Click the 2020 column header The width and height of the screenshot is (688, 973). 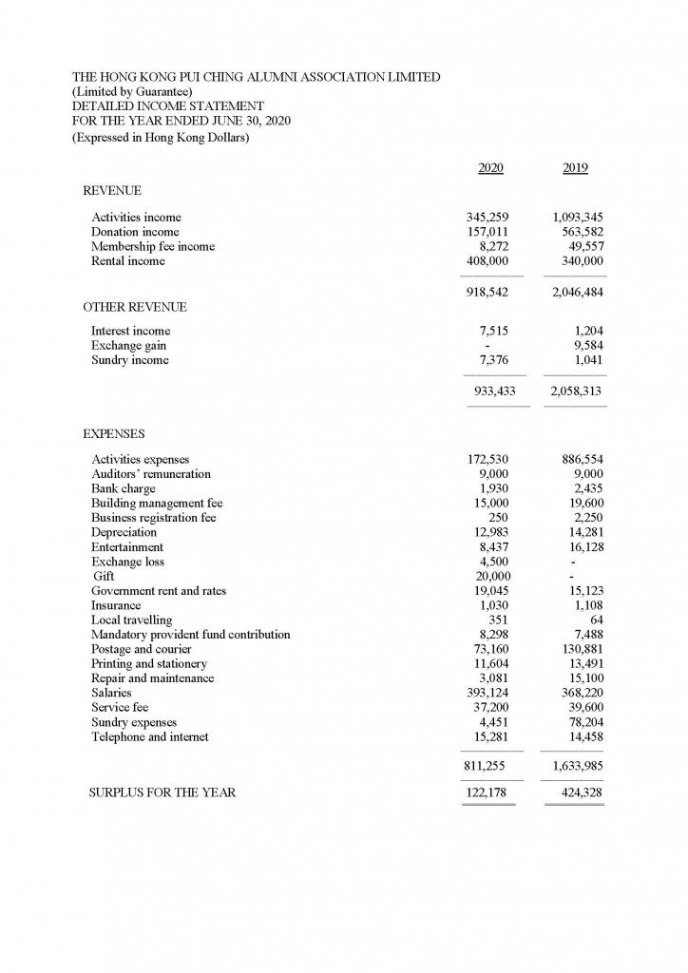pos(490,168)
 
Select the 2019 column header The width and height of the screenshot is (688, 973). pos(575,168)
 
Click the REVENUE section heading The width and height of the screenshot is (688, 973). pos(112,191)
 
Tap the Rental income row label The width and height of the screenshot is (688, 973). pos(127,261)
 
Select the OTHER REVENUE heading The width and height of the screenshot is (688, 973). pos(134,308)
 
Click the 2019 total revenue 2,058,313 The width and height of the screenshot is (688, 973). pos(577,391)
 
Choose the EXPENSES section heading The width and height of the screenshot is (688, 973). pos(114,434)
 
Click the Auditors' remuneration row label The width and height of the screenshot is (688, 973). pos(151,474)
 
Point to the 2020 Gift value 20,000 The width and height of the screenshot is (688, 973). pos(493,576)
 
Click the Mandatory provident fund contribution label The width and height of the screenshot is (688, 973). pos(191,635)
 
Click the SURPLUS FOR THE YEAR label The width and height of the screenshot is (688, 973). pos(162,792)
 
